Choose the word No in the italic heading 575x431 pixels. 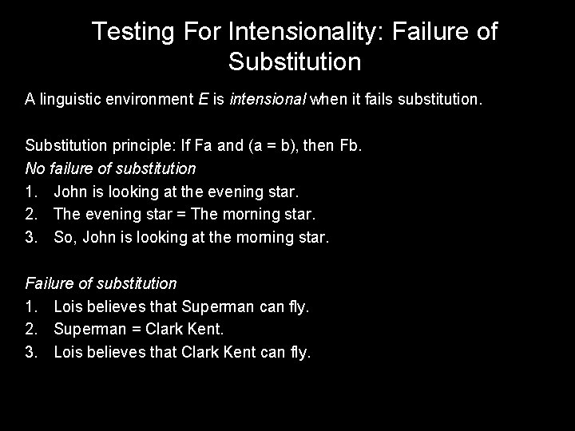pos(34,168)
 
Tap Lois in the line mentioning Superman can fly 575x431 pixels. pos(68,306)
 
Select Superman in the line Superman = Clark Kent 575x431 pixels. pos(90,329)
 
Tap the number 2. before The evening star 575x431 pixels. pos(32,215)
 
